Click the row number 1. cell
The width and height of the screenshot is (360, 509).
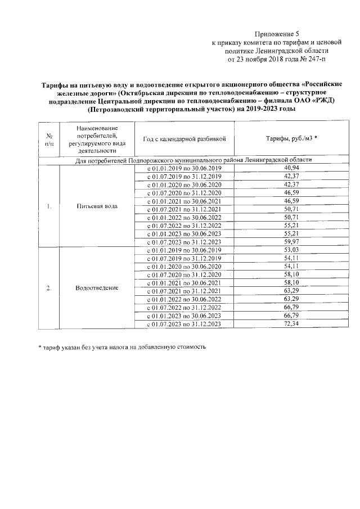(x=49, y=206)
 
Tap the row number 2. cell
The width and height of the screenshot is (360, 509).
(x=49, y=288)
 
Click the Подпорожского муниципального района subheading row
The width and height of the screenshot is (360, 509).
(x=193, y=160)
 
